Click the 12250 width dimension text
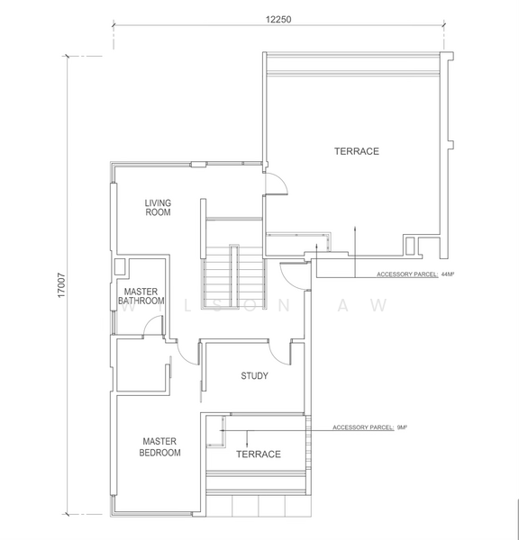[278, 19]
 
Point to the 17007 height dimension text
[61, 292]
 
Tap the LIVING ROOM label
[158, 208]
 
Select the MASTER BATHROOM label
[141, 296]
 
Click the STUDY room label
[254, 376]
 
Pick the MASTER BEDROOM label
[159, 447]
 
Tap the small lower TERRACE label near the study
[258, 454]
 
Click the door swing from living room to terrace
[276, 184]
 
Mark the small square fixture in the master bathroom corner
[120, 266]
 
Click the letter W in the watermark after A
[383, 306]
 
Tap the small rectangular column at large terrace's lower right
[412, 243]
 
